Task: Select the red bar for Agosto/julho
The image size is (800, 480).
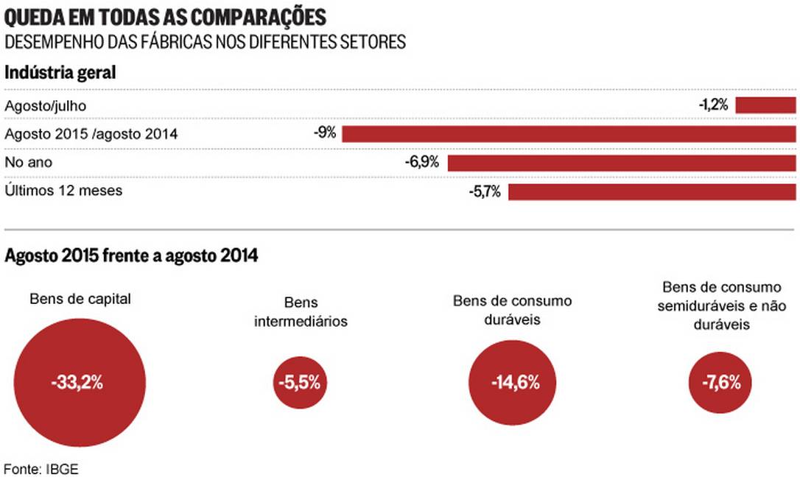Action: [765, 105]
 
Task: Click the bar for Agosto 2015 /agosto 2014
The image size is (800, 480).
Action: [569, 134]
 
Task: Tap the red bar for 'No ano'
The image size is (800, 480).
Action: [622, 162]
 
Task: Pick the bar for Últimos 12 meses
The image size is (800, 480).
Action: [652, 191]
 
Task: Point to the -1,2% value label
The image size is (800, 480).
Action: [713, 105]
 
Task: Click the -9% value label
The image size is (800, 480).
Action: [324, 133]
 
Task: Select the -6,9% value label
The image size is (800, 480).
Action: [421, 162]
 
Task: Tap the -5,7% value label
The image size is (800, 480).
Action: [484, 191]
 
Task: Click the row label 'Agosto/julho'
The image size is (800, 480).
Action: [46, 106]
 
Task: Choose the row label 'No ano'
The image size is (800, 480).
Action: [29, 162]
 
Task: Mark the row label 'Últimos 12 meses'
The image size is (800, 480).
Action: [63, 191]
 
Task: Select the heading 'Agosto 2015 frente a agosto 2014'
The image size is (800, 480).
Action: [131, 255]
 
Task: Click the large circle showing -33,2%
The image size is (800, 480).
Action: [79, 383]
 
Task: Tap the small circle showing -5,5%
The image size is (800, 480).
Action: [300, 383]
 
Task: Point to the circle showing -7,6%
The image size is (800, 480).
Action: [720, 383]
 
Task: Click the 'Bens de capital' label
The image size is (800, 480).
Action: [80, 299]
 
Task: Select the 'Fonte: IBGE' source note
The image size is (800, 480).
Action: [41, 468]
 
